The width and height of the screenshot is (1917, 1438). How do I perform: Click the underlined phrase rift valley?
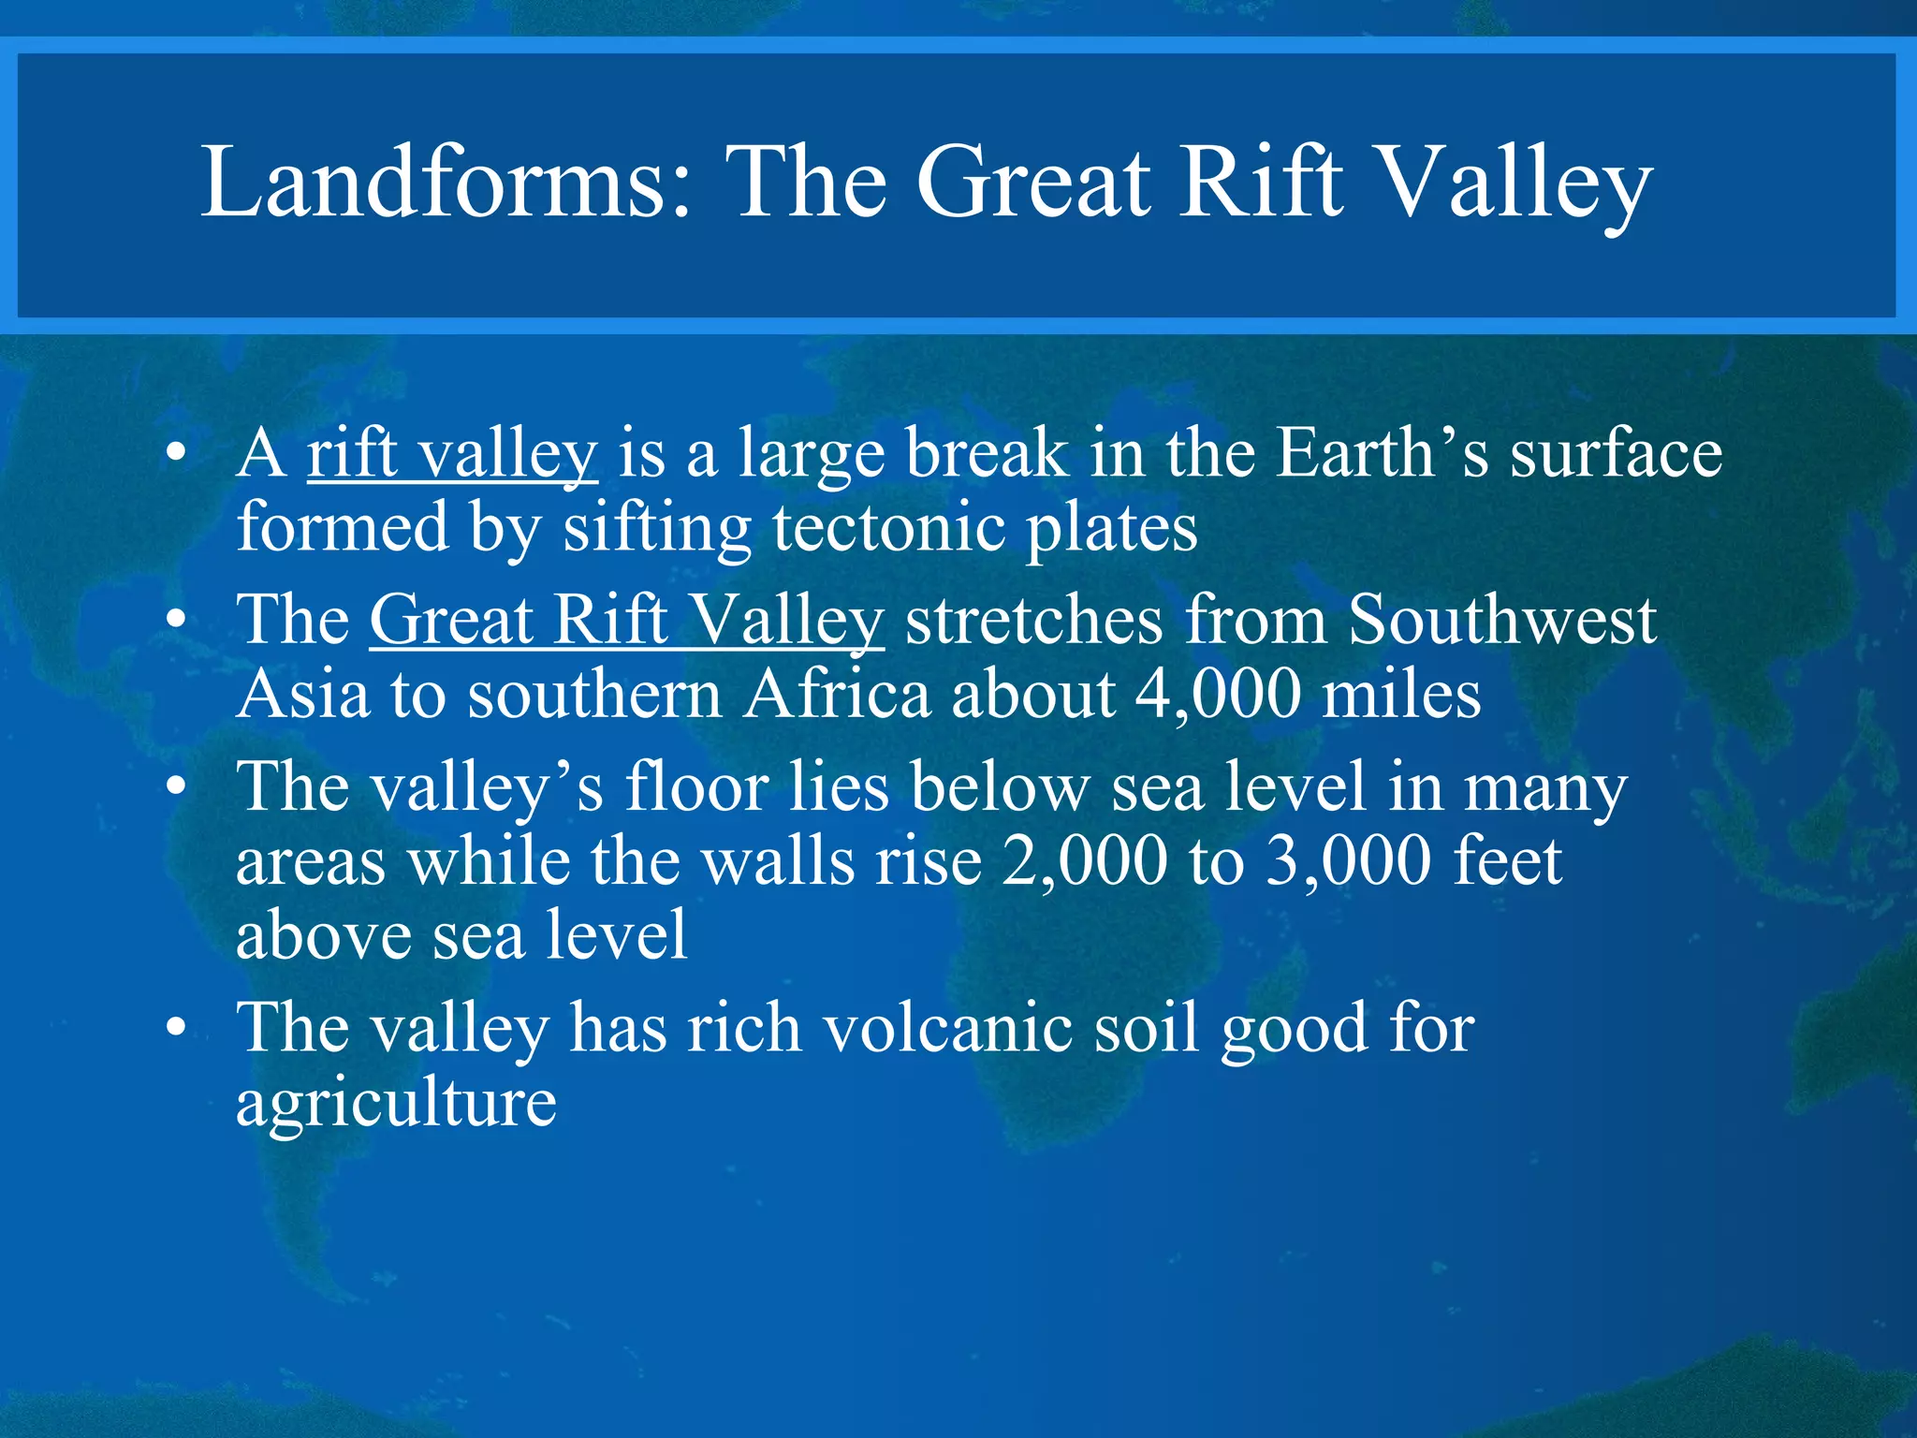point(452,455)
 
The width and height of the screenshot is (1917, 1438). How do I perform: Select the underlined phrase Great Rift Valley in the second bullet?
point(626,622)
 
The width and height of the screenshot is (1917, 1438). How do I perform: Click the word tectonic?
point(889,528)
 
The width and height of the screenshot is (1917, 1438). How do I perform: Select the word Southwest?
point(1501,620)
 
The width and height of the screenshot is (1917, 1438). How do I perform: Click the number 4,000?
point(1217,697)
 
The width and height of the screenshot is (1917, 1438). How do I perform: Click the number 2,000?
point(1084,862)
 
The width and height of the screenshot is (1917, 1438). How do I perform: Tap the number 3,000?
point(1348,862)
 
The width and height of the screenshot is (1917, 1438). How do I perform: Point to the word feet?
point(1507,860)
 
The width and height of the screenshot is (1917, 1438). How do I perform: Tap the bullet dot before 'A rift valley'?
point(175,455)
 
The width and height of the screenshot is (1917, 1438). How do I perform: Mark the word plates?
point(1112,530)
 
